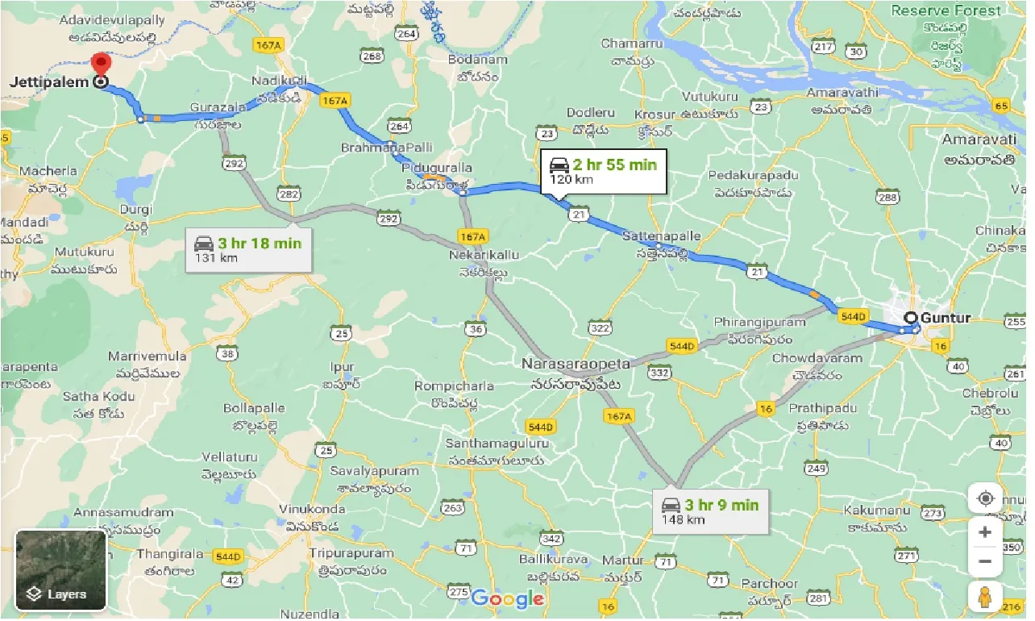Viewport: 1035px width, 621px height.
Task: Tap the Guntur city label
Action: (946, 318)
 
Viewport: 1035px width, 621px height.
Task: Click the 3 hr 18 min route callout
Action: (248, 249)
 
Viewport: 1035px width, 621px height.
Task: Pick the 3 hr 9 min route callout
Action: (709, 511)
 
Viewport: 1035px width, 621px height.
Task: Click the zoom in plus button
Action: (985, 532)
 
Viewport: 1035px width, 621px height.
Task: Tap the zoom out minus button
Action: (985, 561)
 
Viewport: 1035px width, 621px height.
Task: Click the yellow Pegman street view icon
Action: (985, 598)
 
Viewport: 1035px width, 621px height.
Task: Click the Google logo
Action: (508, 599)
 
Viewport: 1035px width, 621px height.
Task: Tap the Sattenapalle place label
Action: (662, 236)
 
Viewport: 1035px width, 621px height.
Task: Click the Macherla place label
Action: (50, 171)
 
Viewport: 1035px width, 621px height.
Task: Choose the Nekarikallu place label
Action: (484, 255)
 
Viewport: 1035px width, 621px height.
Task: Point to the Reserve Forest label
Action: (946, 10)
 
